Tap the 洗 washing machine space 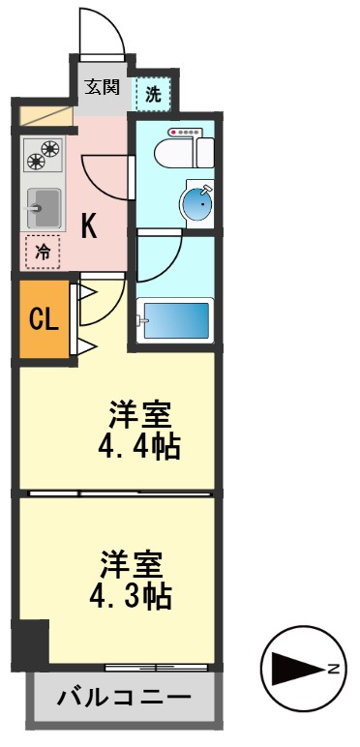(x=154, y=94)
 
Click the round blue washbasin (x=197, y=204)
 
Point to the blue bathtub (x=174, y=319)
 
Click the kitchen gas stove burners (x=43, y=157)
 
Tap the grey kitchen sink (x=44, y=206)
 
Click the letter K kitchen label (x=88, y=227)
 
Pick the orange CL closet (x=42, y=319)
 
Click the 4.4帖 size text (x=140, y=448)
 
